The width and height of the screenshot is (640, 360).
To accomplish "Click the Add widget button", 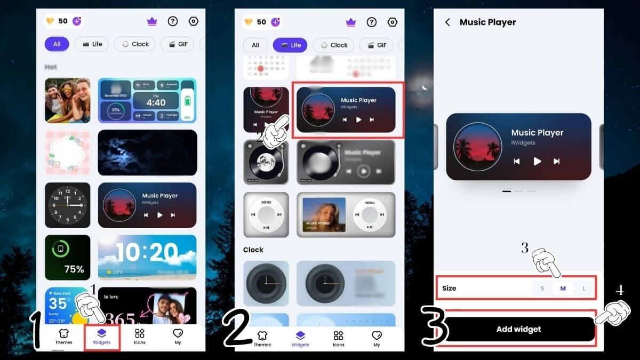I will [x=518, y=329].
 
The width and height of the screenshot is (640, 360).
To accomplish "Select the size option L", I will [x=583, y=289].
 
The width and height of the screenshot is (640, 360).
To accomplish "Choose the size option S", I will [x=542, y=289].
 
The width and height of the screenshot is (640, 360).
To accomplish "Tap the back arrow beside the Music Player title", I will [x=447, y=22].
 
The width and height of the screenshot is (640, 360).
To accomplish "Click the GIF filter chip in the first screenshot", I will [x=178, y=44].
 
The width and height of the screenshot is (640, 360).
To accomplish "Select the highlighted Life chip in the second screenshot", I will [x=290, y=45].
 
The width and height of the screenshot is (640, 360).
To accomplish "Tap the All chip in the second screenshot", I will [x=255, y=45].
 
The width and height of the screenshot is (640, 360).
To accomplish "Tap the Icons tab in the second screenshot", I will [x=338, y=338].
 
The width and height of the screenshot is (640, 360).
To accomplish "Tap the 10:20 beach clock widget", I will [x=147, y=258].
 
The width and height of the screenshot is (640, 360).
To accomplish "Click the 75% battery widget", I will [x=67, y=258].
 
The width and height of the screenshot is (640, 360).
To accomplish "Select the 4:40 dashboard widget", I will [x=147, y=101].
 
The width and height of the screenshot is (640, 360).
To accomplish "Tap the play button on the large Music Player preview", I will [x=537, y=161].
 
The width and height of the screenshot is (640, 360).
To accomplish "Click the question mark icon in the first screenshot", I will [x=172, y=22].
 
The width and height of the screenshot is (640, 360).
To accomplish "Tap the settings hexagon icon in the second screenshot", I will [x=393, y=22].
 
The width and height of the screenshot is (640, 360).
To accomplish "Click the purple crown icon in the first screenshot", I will [x=152, y=22].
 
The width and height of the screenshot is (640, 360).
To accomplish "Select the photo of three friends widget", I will [x=67, y=101].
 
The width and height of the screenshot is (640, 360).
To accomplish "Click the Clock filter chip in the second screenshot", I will [x=333, y=45].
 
